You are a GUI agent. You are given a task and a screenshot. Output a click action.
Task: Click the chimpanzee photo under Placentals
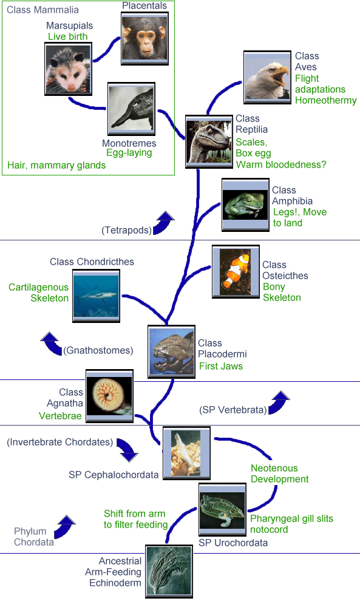tap(144, 38)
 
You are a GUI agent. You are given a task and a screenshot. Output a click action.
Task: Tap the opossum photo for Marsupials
tap(68, 69)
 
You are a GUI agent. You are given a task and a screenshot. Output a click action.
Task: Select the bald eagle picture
tap(267, 77)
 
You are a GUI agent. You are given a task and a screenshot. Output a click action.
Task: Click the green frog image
tap(245, 205)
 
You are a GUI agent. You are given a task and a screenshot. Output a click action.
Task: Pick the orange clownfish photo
tap(236, 272)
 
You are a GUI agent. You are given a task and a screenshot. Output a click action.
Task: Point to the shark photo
tap(97, 296)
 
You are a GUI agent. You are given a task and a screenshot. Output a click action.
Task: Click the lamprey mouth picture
tap(110, 396)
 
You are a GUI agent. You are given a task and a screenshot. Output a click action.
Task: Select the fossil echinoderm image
tap(169, 571)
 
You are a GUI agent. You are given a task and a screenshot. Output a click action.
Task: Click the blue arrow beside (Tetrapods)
tap(164, 222)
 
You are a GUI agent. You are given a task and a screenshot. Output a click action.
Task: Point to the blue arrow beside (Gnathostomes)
tap(52, 343)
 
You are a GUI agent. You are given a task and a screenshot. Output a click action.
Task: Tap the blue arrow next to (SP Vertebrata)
tap(279, 402)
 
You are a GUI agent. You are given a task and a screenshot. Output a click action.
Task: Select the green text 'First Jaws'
tap(221, 366)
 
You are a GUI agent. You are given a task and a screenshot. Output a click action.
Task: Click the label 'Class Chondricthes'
tap(92, 262)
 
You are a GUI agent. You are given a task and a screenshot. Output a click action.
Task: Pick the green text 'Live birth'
tap(68, 36)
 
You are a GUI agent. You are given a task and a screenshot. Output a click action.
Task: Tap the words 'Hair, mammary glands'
tap(56, 165)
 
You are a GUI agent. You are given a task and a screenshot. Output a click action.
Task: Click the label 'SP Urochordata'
tap(233, 543)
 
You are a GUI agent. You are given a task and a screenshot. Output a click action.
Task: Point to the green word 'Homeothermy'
tap(326, 100)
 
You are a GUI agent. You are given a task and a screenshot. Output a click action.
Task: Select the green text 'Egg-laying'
tap(129, 152)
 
